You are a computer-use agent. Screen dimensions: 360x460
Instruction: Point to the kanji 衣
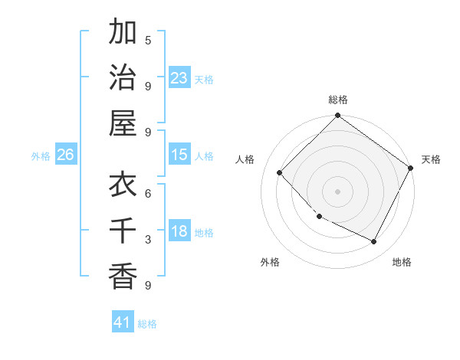tap(123, 185)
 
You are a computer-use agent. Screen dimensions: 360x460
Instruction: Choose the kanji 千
tap(123, 230)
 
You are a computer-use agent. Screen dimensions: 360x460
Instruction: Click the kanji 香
tap(123, 276)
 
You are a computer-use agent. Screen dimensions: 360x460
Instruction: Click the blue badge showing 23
tap(179, 78)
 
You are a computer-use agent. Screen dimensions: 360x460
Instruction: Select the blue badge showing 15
tap(179, 155)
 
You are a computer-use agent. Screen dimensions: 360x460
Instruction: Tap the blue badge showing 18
tap(179, 232)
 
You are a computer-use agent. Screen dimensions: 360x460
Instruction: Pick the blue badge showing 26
tap(65, 155)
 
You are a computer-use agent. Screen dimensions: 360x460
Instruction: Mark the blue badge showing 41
tap(123, 322)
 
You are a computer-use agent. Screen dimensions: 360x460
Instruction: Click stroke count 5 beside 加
tap(148, 40)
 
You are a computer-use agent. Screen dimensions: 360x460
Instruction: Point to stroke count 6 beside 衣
tap(148, 193)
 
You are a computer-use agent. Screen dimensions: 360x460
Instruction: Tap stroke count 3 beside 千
tap(148, 240)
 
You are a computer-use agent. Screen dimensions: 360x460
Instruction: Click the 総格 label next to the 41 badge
tap(147, 324)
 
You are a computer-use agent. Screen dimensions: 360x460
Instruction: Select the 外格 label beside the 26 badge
tap(41, 156)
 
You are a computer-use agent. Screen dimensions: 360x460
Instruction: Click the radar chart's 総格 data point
tap(337, 116)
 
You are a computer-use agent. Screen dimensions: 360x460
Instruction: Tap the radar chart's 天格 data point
tap(410, 169)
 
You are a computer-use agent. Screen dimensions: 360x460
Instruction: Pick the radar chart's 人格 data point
tap(280, 172)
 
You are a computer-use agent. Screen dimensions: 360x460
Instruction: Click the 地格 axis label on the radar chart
tap(402, 262)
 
